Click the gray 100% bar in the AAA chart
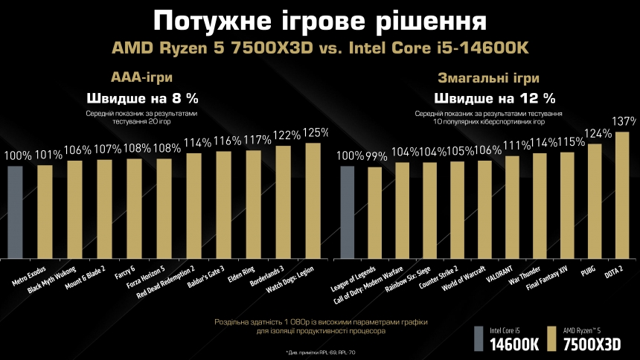pos(16,212)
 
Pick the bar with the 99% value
pos(374,213)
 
